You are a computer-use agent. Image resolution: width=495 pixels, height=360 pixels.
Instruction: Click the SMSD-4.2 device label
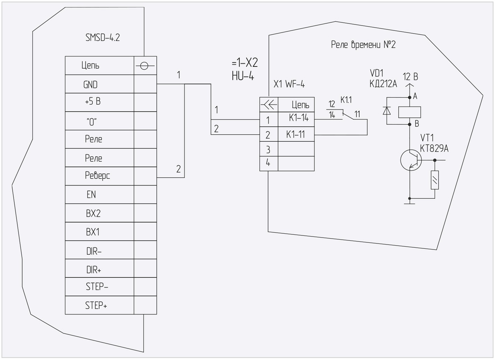[x=103, y=38]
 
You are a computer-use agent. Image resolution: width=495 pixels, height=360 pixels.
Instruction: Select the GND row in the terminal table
[x=90, y=84]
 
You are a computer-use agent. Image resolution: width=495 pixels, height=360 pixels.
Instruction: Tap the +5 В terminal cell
[x=93, y=102]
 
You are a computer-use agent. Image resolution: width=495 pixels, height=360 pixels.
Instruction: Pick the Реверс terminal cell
[x=97, y=176]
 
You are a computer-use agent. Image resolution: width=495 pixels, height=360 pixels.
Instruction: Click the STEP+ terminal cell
[x=96, y=305]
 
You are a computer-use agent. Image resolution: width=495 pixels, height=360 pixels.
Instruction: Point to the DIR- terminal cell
[x=93, y=251]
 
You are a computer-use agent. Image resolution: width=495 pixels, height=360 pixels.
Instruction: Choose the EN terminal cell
[x=91, y=195]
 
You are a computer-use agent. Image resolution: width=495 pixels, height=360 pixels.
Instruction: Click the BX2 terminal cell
[x=93, y=213]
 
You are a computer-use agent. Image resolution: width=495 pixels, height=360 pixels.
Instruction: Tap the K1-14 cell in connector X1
[x=299, y=118]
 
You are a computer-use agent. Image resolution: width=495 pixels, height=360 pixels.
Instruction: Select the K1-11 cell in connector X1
[x=295, y=134]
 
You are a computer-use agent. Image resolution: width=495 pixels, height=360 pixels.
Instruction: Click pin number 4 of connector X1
[x=268, y=163]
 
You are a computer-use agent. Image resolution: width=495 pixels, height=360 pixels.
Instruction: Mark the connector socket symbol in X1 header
[x=269, y=104]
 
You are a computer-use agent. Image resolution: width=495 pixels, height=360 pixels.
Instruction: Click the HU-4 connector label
[x=243, y=76]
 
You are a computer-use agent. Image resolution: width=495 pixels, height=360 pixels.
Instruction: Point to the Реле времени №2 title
[x=363, y=45]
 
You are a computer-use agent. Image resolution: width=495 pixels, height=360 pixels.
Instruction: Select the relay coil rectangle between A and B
[x=409, y=112]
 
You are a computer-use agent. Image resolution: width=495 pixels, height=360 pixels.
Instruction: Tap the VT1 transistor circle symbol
[x=411, y=160]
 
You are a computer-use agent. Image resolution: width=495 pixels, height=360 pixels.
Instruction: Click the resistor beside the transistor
[x=434, y=180]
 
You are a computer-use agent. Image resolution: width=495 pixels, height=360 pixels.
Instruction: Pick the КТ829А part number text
[x=434, y=149]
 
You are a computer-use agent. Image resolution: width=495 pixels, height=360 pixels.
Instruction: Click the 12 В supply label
[x=410, y=77]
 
